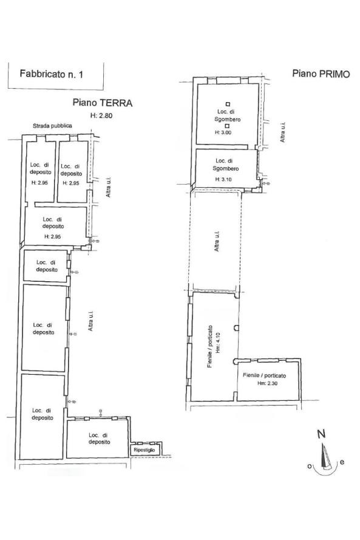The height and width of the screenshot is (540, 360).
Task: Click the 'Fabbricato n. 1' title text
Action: [51, 73]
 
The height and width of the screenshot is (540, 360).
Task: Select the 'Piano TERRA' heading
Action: [102, 103]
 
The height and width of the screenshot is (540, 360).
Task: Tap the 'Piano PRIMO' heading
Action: [321, 73]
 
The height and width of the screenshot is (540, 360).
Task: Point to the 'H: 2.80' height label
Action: [101, 115]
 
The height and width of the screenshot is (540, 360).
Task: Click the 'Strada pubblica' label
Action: [52, 126]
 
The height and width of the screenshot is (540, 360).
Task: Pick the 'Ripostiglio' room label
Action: [144, 450]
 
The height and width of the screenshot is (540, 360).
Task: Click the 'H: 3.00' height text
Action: [223, 132]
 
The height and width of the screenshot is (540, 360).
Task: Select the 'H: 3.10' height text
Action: [223, 179]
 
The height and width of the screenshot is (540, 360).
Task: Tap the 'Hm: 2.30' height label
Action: [267, 383]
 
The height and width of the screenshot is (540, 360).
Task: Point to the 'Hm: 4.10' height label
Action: [217, 343]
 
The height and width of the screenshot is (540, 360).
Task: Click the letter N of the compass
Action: [321, 434]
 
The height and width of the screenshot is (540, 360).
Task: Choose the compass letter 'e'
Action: [342, 462]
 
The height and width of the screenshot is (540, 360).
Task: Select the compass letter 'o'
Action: [310, 467]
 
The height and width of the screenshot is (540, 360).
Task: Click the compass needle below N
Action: [324, 456]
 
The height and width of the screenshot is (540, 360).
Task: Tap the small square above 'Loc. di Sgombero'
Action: [228, 104]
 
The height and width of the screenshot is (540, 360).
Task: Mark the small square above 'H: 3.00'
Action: [227, 126]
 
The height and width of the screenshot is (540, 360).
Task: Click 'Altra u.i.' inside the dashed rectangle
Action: [217, 241]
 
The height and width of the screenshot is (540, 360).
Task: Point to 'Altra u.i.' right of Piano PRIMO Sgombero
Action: [282, 132]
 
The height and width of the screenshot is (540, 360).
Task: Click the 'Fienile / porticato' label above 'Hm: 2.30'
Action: [264, 375]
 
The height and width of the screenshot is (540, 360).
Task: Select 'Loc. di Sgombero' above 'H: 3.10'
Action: [226, 165]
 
